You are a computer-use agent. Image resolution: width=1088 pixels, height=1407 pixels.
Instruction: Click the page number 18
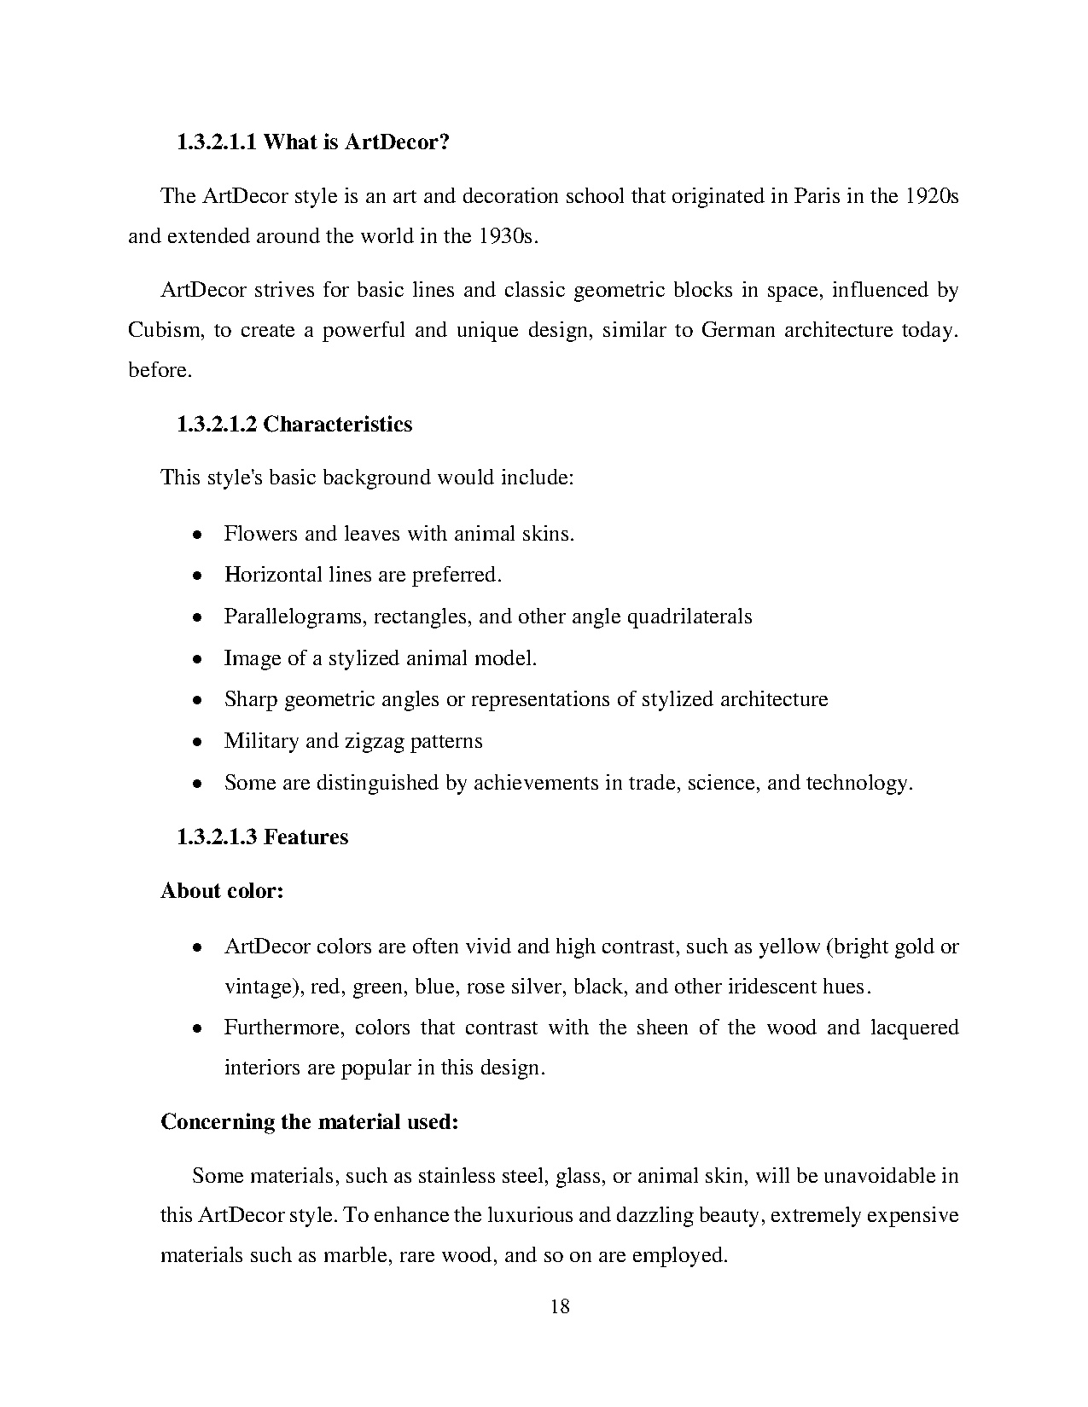(560, 1306)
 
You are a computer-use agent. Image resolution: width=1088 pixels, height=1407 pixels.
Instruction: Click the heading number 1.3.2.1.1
(217, 142)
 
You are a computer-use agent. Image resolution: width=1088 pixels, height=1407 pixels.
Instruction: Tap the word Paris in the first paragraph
(817, 196)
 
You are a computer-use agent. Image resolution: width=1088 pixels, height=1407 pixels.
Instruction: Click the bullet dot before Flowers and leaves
(196, 536)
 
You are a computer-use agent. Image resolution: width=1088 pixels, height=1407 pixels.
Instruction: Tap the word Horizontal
(273, 575)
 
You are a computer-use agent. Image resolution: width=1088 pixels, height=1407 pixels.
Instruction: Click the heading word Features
(305, 837)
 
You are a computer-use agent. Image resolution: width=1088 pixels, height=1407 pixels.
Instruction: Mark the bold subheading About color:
(222, 891)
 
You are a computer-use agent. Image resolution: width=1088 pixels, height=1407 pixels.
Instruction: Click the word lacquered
(914, 1028)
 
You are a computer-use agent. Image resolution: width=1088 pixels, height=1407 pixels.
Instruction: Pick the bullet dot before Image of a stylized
(196, 660)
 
